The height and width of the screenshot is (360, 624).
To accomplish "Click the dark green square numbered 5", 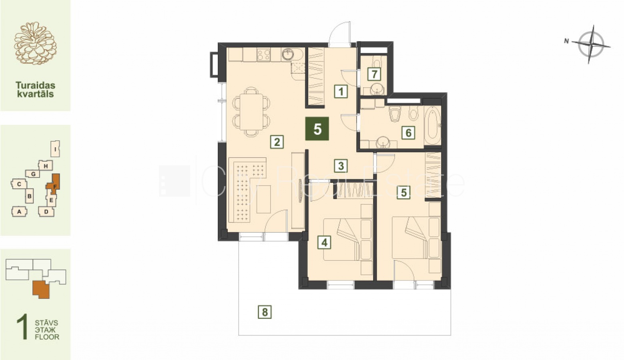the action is [x=317, y=129].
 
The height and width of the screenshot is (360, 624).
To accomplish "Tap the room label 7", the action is [x=374, y=74].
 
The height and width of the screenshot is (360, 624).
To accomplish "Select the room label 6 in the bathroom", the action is [x=408, y=132].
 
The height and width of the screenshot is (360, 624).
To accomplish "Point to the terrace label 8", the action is [x=265, y=312].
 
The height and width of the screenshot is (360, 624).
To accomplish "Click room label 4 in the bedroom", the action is [x=324, y=243].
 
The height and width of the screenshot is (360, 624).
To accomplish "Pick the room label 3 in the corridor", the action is [x=341, y=166].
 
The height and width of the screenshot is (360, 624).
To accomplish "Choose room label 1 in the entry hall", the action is [x=341, y=91].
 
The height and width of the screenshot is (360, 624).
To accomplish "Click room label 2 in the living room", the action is [x=277, y=142].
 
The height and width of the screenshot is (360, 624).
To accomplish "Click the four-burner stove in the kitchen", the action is [x=263, y=54].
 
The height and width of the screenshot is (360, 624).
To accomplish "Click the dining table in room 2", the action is [x=251, y=112].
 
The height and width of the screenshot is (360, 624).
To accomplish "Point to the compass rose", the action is [x=591, y=44].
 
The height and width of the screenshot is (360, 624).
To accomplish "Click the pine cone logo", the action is [x=35, y=43].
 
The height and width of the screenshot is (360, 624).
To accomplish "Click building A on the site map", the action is [x=19, y=212].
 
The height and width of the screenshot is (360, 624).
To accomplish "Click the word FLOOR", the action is [x=47, y=337].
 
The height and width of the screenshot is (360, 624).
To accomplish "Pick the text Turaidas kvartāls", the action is [x=35, y=89].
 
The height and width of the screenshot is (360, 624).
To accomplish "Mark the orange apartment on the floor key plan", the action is [x=41, y=290].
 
